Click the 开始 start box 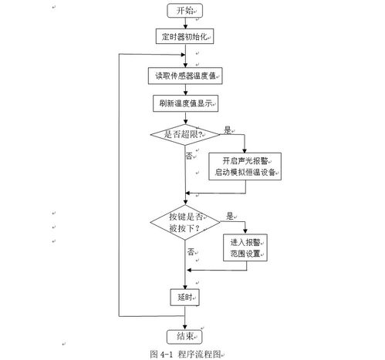184,11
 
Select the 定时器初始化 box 184,36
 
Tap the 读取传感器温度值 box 185,76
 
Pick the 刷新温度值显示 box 185,103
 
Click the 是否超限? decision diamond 185,134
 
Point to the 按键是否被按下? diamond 185,222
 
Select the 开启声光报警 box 245,167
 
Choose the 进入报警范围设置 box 245,247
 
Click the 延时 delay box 184,298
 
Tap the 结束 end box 184,337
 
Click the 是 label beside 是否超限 228,130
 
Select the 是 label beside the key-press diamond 230,216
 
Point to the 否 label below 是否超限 189,156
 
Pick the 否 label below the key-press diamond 191,251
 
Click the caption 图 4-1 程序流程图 185,354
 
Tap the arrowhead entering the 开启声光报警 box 245,150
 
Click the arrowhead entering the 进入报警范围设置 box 245,231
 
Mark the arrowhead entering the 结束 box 184,328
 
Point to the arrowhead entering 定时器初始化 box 185,26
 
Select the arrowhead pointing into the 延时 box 184,287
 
